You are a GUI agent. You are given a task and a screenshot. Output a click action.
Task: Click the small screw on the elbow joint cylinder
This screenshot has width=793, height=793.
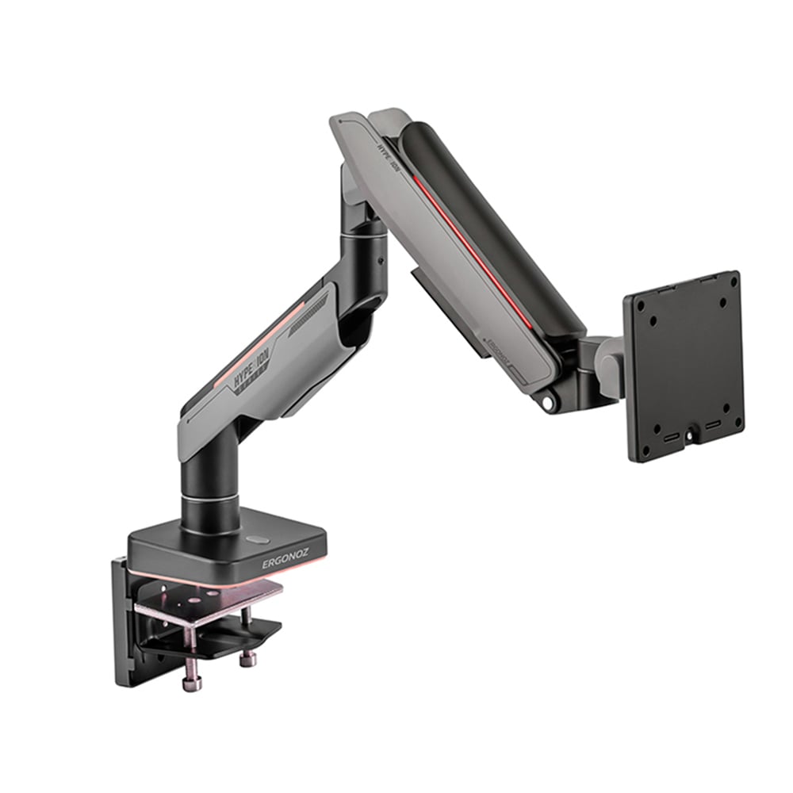pyautogui.click(x=380, y=260)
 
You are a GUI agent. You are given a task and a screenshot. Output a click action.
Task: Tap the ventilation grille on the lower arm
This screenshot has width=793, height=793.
pyautogui.click(x=313, y=333)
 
